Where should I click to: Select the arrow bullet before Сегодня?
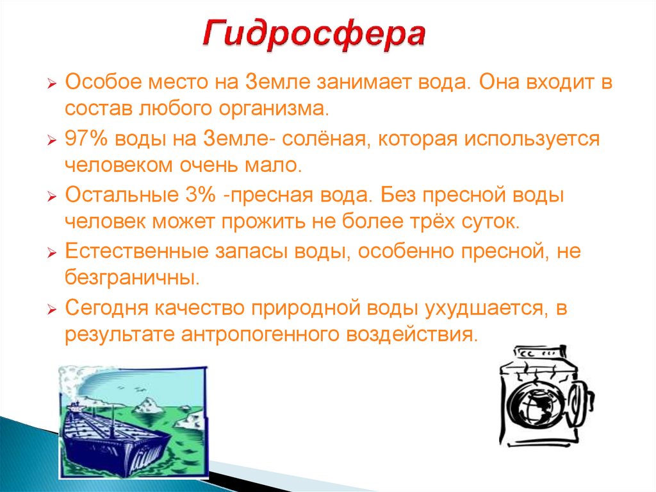[53, 309]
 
